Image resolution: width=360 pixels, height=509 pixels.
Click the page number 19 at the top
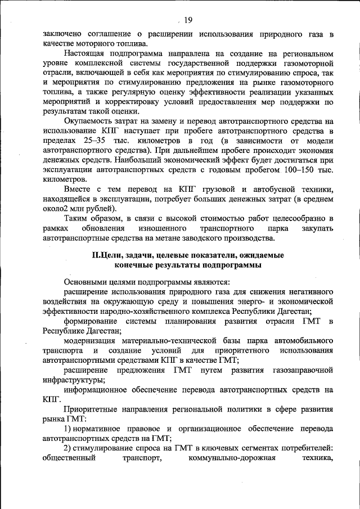coord(188,20)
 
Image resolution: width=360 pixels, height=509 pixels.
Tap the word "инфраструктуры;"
coord(71,380)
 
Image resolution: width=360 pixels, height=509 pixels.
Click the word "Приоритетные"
coord(90,409)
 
